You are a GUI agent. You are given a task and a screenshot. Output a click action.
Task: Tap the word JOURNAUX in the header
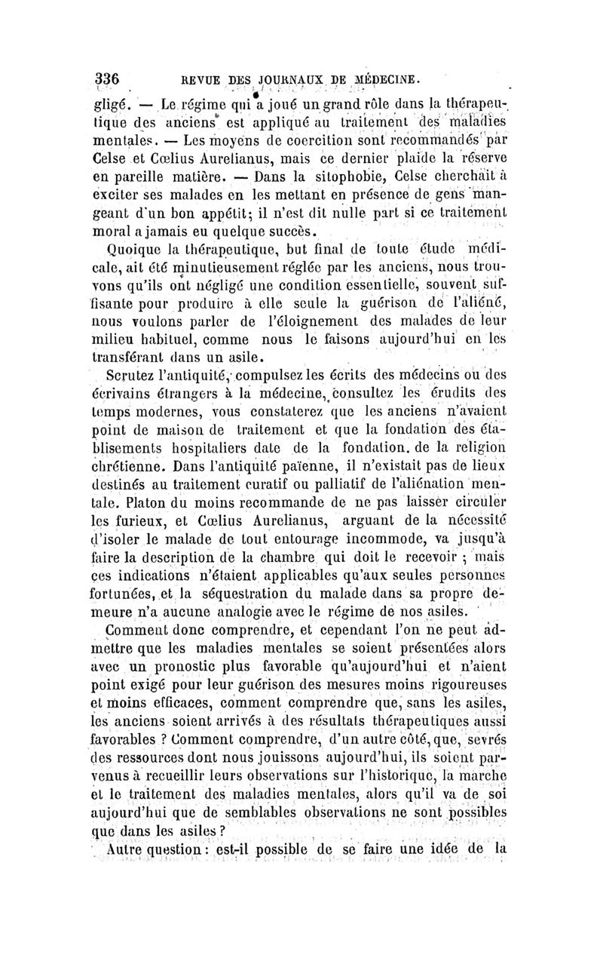click(x=271, y=80)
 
